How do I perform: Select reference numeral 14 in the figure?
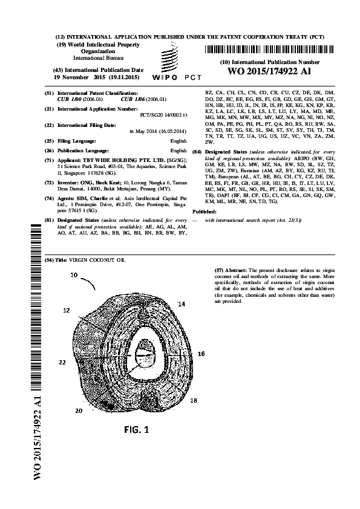pos(181,302)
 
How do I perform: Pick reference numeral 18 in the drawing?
pos(193,400)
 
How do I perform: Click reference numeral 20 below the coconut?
pos(79,410)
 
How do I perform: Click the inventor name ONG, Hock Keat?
pos(102,181)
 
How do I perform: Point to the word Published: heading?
pos(204,212)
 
